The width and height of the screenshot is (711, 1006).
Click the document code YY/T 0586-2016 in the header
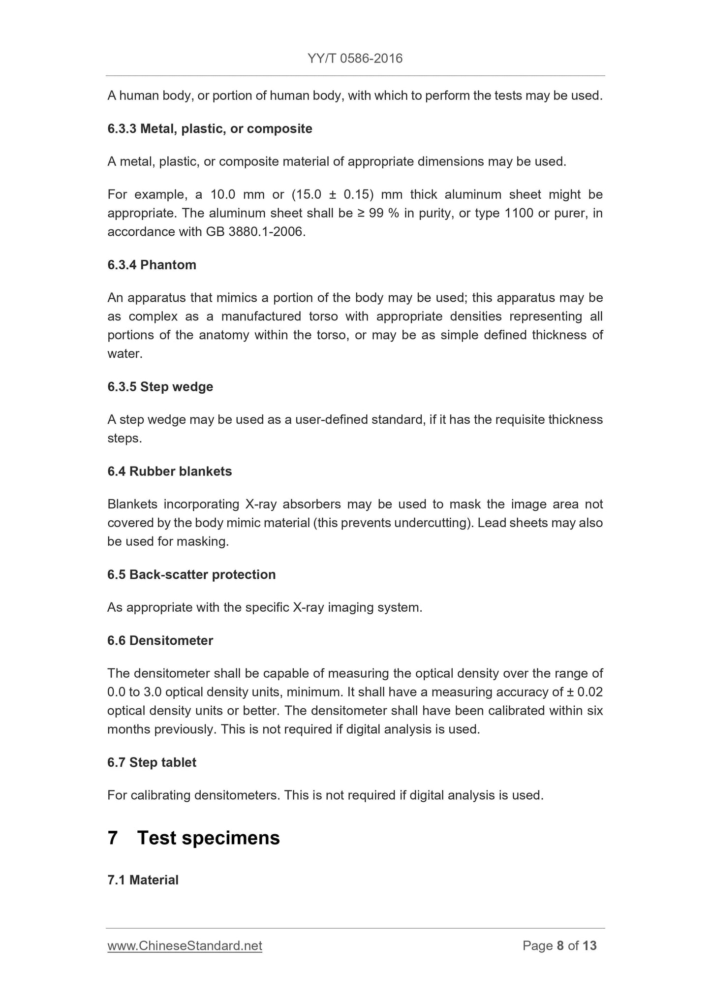[x=355, y=59]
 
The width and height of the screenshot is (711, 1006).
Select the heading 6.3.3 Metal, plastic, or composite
[x=210, y=129]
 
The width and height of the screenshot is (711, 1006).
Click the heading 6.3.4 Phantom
[x=152, y=265]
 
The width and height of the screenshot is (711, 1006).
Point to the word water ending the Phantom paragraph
[x=124, y=354]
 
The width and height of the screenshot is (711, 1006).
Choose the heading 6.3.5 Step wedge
[x=160, y=387]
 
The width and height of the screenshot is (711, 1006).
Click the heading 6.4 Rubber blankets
[x=169, y=472]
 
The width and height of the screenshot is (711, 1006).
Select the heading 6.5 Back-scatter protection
[x=191, y=575]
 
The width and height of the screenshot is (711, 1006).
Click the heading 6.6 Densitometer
[x=160, y=641]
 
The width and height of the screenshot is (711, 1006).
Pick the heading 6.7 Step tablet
[x=152, y=762]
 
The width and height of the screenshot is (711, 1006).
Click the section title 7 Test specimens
[x=193, y=838]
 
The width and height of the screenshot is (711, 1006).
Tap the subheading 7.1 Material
[x=143, y=880]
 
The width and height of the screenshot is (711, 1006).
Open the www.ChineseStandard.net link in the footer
[x=185, y=946]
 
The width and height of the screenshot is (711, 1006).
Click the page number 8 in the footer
[x=560, y=946]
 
